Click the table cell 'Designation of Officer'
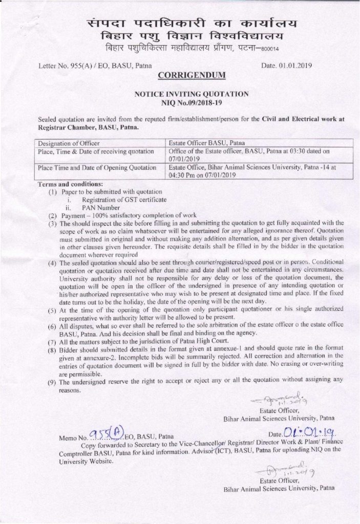point(69,143)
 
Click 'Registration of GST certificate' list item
point(123,199)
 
